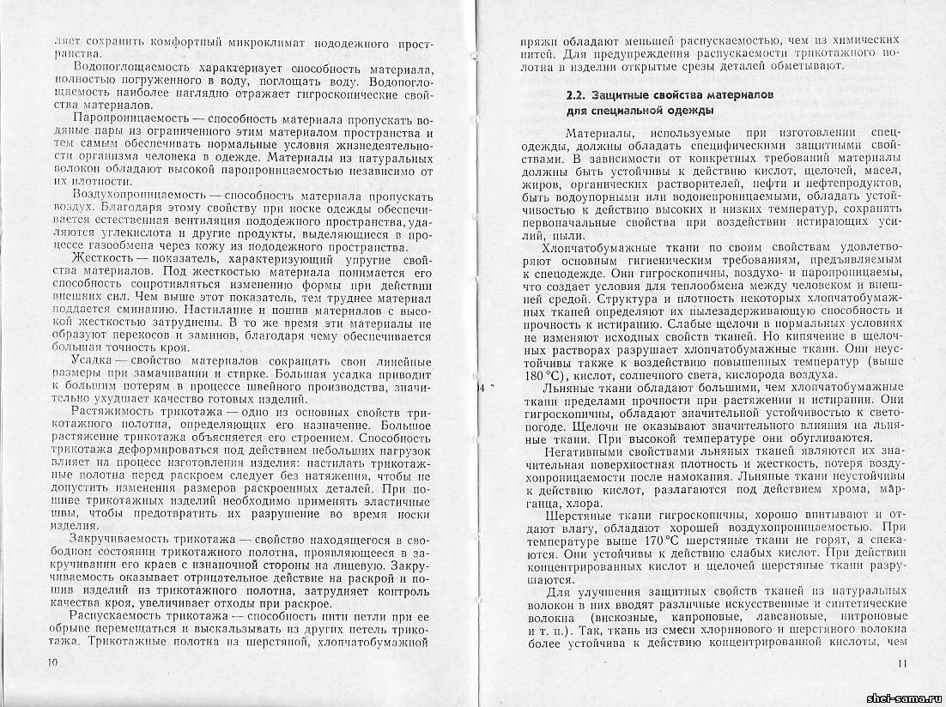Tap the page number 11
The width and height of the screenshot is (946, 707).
click(x=901, y=662)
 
